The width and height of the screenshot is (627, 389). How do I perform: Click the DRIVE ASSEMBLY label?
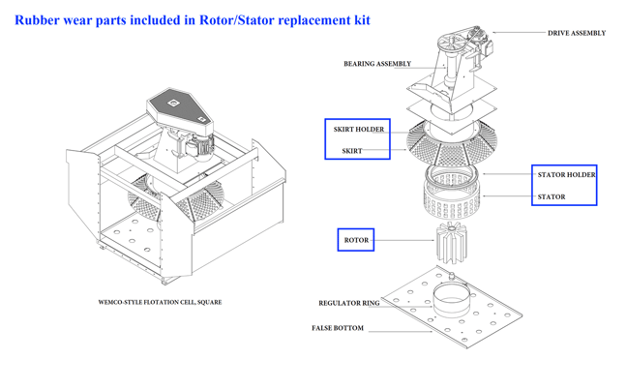tap(577, 33)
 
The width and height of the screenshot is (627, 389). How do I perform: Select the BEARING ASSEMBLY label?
tap(377, 64)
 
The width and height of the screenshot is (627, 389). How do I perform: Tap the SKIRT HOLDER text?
tap(358, 130)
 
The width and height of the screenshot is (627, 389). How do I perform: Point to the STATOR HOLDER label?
tap(567, 175)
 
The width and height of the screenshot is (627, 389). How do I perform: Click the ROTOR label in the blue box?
tap(356, 240)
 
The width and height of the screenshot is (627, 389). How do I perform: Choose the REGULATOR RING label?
tap(348, 303)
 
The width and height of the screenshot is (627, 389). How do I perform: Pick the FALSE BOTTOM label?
tap(338, 328)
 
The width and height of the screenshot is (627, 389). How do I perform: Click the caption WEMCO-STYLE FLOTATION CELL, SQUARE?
tap(160, 302)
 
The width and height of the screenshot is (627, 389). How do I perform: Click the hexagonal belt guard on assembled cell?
tap(178, 107)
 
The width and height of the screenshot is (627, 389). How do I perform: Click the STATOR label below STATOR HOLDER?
tap(552, 196)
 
